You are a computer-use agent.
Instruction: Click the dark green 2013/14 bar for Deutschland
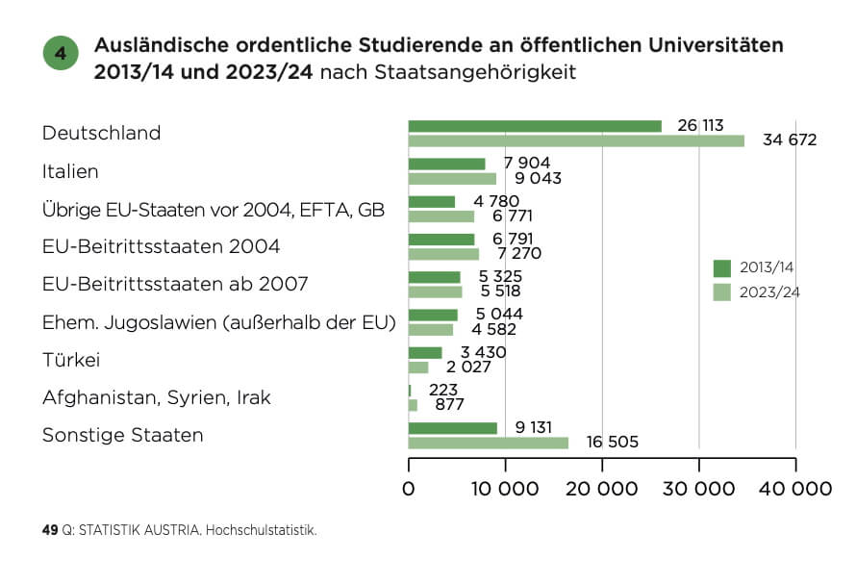(x=535, y=126)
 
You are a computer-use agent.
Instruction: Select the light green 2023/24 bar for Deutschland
(x=576, y=140)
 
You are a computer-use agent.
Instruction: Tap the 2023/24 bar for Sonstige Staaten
(x=488, y=443)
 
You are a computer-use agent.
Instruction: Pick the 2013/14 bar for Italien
(x=446, y=164)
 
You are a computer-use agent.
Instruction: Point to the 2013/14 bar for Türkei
(x=425, y=353)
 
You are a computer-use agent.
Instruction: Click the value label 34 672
(x=789, y=140)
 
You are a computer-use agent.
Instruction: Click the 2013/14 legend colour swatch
(x=722, y=267)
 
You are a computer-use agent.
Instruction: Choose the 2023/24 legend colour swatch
(x=722, y=292)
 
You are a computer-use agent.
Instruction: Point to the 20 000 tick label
(x=602, y=489)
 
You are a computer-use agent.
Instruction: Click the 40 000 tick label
(x=794, y=489)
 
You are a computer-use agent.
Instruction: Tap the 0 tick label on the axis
(x=409, y=489)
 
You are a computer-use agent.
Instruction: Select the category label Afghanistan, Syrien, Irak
(x=157, y=397)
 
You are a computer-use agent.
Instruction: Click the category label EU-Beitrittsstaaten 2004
(x=162, y=246)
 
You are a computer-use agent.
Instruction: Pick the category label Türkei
(x=72, y=360)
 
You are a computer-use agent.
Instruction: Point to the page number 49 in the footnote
(x=50, y=530)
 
